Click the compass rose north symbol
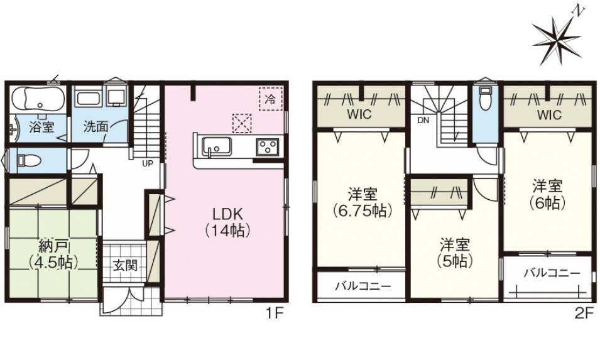tap(557, 38)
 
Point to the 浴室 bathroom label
tap(41, 126)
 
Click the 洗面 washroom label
tap(97, 126)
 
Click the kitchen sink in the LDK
tap(215, 148)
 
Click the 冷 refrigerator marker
tap(270, 99)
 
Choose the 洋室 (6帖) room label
tap(547, 194)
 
